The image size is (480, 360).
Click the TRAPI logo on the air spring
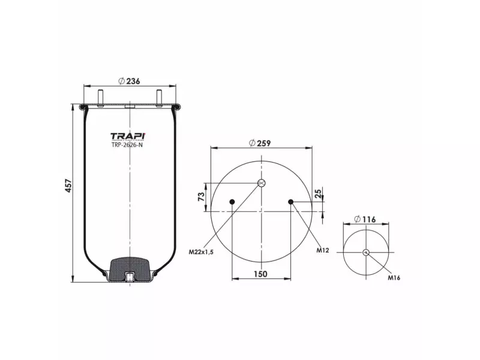[127, 136]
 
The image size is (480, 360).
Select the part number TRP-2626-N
[127, 145]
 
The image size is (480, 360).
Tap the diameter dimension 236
[129, 81]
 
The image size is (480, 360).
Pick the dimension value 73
[202, 196]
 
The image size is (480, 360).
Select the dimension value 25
[319, 193]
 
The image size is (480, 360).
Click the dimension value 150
[260, 274]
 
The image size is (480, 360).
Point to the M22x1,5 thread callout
[202, 251]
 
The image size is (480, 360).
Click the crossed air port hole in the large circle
[262, 183]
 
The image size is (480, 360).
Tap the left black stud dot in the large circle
[232, 202]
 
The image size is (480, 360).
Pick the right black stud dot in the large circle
[291, 202]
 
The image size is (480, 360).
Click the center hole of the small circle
[366, 252]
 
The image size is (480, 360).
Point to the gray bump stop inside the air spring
[130, 268]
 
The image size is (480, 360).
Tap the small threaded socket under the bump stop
[129, 277]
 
